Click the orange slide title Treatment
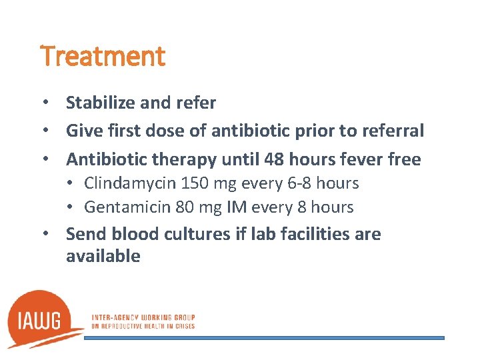click(103, 56)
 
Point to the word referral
click(393, 131)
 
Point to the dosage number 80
click(185, 207)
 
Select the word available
click(103, 256)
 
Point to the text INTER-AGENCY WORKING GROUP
click(143, 317)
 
